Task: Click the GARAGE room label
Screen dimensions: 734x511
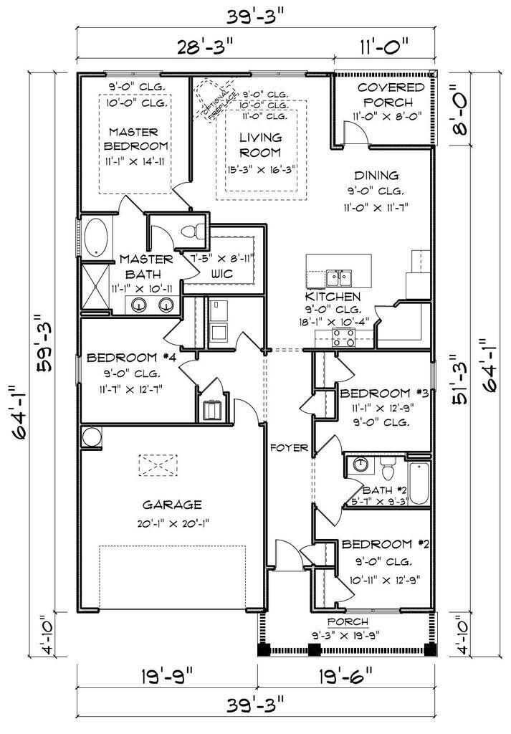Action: click(171, 504)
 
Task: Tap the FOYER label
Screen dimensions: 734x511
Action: click(289, 448)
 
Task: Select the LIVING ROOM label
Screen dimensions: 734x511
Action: click(260, 144)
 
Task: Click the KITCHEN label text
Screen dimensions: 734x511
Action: click(333, 297)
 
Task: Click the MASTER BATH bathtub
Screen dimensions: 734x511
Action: click(95, 238)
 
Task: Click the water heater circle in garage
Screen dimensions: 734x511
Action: click(92, 437)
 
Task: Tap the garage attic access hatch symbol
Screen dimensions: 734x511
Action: click(157, 465)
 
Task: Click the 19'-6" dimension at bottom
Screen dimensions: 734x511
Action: click(346, 676)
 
